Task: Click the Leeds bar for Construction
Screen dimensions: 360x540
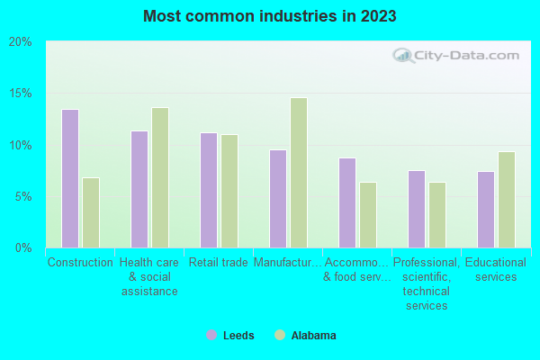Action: [70, 178]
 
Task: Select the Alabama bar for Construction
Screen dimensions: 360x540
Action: [91, 212]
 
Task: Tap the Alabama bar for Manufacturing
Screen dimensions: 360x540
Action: [299, 173]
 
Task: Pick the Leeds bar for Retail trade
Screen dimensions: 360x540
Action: [209, 190]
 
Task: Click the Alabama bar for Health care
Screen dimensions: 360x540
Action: [160, 177]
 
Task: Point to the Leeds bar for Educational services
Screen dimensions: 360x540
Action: [486, 210]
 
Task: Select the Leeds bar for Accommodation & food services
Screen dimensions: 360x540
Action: [347, 202]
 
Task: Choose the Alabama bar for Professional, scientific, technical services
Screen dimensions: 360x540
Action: [437, 215]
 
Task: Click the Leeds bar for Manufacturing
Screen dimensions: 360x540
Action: [278, 199]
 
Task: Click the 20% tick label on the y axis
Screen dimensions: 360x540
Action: [21, 42]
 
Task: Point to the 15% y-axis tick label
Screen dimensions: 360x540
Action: [21, 94]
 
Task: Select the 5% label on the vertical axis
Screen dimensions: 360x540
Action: [23, 196]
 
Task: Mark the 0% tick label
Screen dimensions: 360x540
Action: [23, 247]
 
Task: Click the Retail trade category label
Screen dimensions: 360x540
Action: [219, 263]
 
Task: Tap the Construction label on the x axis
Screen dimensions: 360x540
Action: [80, 263]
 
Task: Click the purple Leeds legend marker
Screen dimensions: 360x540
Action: [211, 336]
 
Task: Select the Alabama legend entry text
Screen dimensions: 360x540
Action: [313, 336]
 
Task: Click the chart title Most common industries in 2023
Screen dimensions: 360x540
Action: [269, 16]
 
